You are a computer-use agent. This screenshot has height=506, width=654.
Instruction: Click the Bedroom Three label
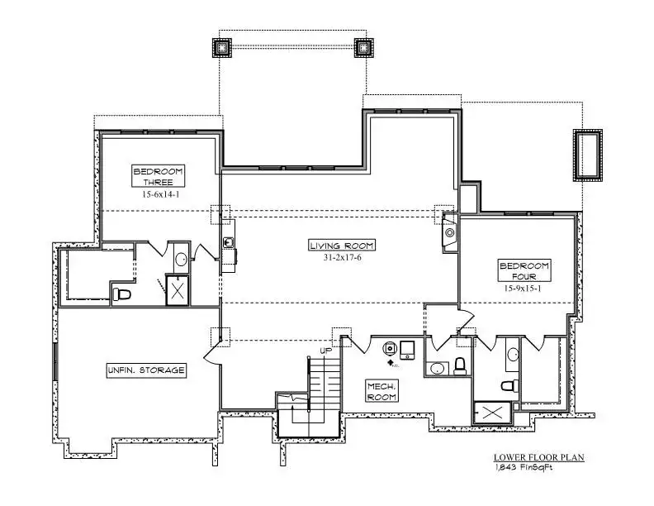coord(158,176)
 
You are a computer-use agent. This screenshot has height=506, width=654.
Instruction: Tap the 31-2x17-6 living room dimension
coord(342,258)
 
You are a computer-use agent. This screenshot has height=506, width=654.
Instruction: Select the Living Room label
coord(342,246)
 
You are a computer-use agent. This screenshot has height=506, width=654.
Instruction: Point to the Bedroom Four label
coord(524,270)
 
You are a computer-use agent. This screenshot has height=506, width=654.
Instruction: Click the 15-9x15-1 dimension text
coord(523,288)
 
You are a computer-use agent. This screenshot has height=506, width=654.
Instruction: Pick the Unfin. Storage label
coord(146,370)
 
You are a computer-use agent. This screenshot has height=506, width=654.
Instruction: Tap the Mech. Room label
coord(381,391)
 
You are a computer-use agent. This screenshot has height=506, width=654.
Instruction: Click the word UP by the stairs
coord(325,351)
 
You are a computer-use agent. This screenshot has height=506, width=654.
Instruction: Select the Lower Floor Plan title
coord(539,457)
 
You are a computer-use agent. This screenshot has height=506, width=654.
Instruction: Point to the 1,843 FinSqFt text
coord(524,467)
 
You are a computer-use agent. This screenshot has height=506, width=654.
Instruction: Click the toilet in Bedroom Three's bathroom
coord(121,294)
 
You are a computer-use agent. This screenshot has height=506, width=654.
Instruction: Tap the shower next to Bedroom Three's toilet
coord(178,290)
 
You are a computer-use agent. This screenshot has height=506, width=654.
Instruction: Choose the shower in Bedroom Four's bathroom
coord(492,413)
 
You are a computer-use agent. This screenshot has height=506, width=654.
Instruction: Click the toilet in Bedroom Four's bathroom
coord(509,386)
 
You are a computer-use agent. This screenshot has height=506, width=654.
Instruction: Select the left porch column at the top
coord(222,48)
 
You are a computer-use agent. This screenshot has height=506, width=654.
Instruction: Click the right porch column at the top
coord(364,48)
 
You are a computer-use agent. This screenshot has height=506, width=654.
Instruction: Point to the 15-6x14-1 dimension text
coord(160,194)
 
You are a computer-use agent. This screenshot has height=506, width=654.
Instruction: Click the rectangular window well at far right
coord(588,155)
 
